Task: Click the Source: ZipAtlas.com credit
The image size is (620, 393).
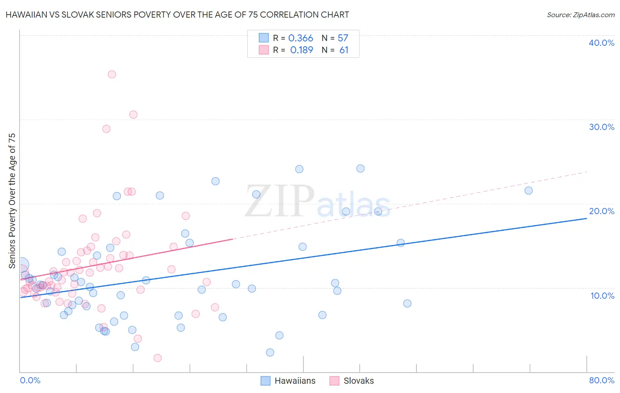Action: (x=580, y=15)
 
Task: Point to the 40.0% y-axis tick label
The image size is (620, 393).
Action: (x=601, y=43)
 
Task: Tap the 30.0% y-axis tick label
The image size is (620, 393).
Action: (x=601, y=127)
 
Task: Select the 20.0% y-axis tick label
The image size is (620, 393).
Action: (x=601, y=211)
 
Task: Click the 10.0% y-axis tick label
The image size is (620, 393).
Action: (x=602, y=296)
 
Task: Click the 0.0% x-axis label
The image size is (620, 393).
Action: (x=30, y=380)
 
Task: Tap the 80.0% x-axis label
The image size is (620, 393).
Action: (x=601, y=380)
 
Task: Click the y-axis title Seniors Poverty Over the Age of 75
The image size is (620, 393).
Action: (x=12, y=200)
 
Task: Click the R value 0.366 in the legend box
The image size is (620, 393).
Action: (x=301, y=38)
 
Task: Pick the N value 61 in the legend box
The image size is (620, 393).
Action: (x=344, y=50)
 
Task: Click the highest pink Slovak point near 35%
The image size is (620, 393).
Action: (x=112, y=74)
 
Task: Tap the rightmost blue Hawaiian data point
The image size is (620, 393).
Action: (x=528, y=191)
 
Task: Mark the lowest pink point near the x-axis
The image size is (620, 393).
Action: (x=157, y=358)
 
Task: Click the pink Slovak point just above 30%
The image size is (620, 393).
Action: (x=133, y=115)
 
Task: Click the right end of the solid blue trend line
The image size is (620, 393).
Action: (x=586, y=218)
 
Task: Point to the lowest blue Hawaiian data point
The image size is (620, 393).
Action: (x=270, y=352)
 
